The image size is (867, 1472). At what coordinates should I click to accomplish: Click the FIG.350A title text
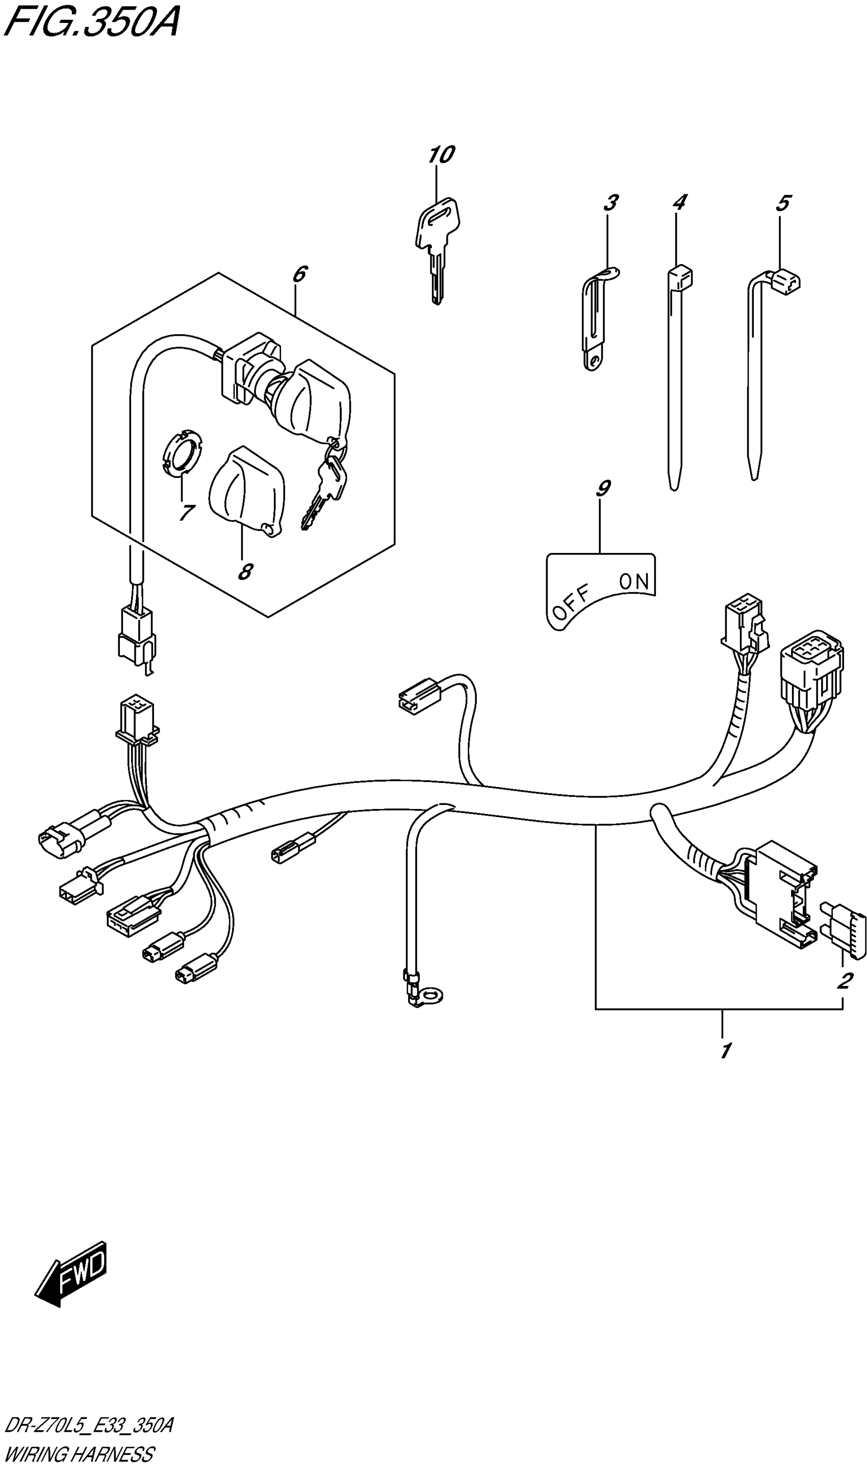91,23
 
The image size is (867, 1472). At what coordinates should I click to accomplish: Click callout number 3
610,204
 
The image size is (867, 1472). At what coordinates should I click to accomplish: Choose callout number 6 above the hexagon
299,273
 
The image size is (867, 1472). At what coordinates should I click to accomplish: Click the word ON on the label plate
634,581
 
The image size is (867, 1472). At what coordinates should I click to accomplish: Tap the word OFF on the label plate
571,603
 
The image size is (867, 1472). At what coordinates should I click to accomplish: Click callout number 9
603,488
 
